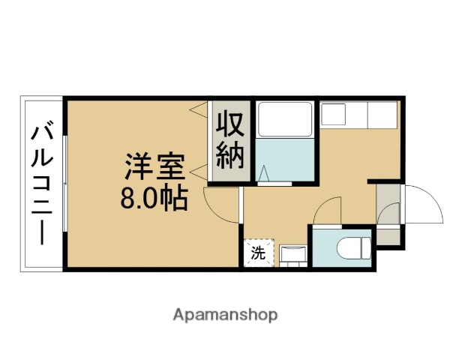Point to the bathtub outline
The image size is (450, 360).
pyautogui.click(x=284, y=119)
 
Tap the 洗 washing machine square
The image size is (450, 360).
pyautogui.click(x=258, y=253)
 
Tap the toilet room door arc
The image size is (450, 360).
pyautogui.click(x=328, y=210)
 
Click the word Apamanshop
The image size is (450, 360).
pyautogui.click(x=225, y=314)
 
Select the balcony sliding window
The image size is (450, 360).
pyautogui.click(x=65, y=184)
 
